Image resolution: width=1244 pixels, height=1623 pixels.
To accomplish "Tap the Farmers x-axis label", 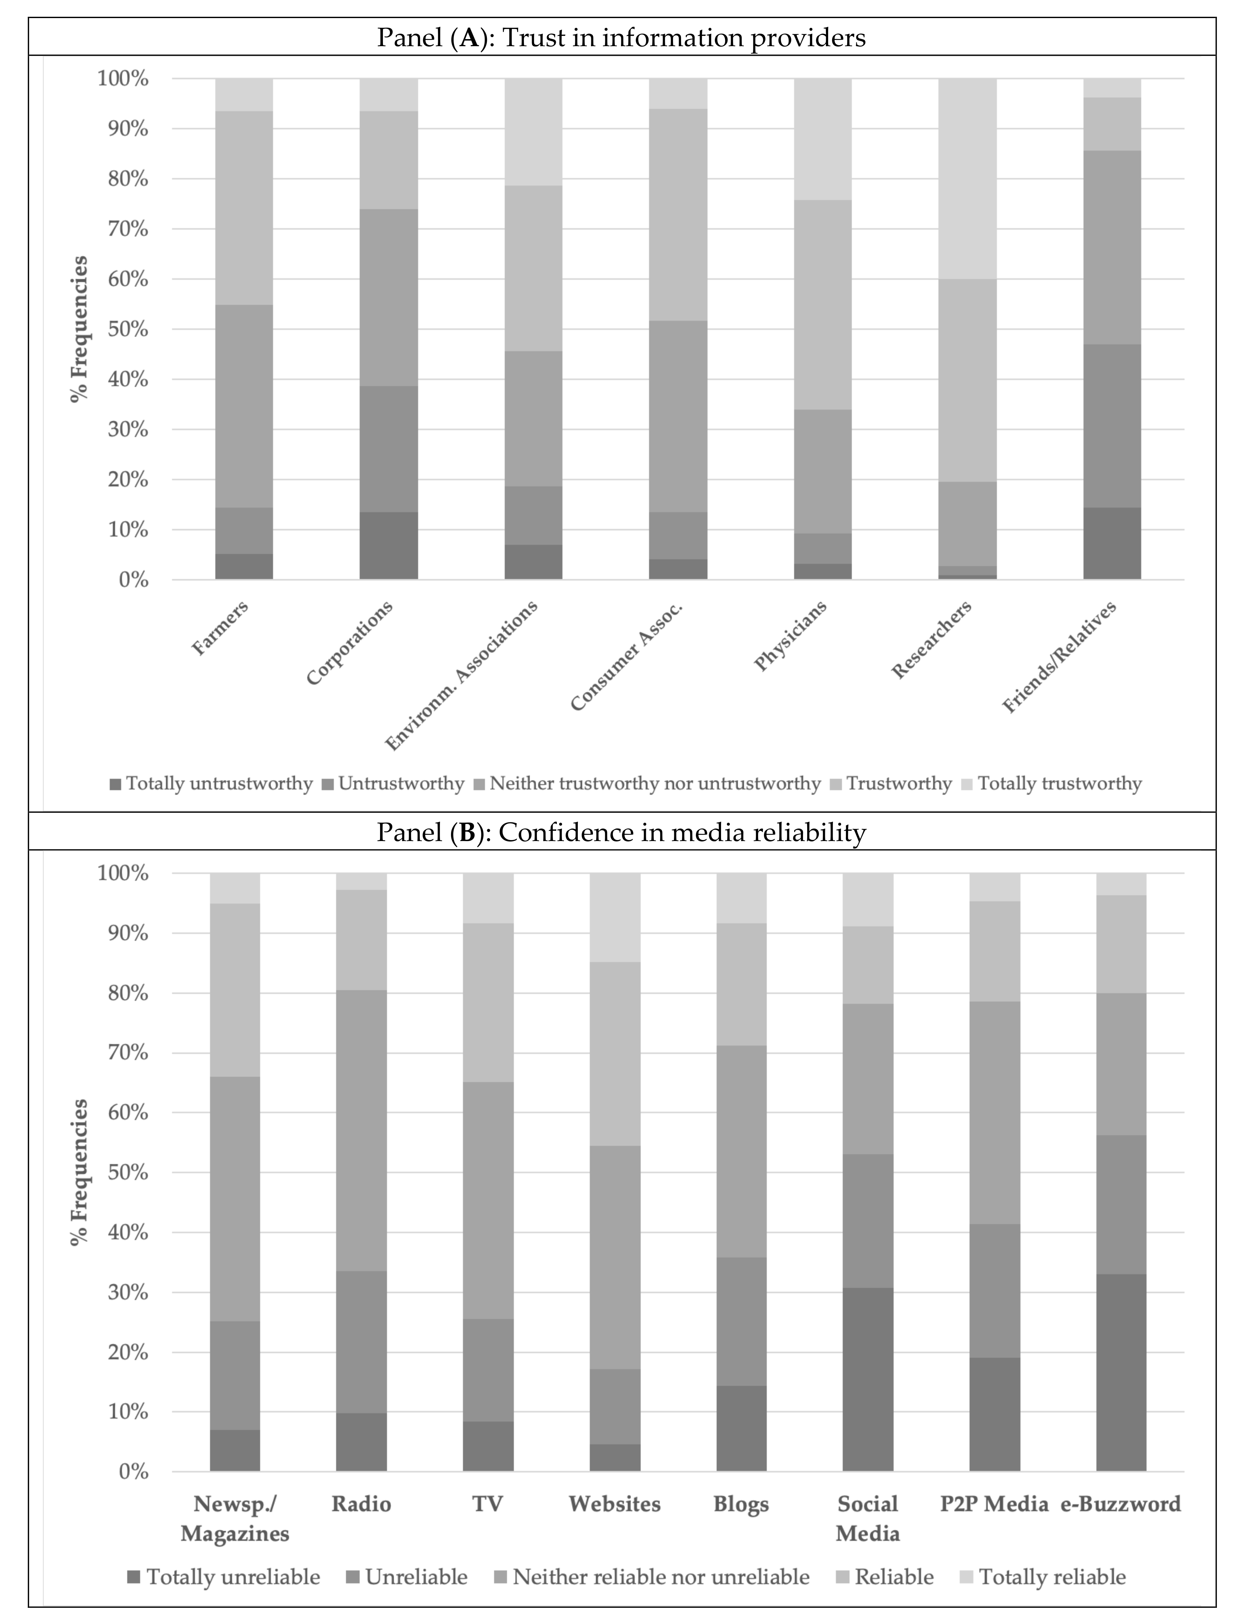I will pyautogui.click(x=220, y=628).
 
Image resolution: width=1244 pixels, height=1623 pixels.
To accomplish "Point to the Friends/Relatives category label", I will pyautogui.click(x=1059, y=658).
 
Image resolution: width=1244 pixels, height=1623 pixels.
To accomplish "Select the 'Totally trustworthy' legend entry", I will pyautogui.click(x=1059, y=784).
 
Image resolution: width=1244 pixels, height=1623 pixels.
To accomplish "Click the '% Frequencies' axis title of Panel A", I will pyautogui.click(x=79, y=330).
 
